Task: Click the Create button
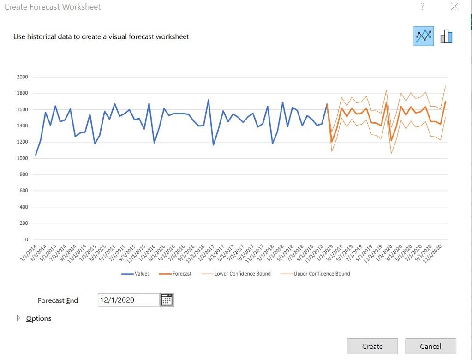[x=372, y=346]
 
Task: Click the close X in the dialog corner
[x=454, y=6]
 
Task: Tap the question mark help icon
[x=422, y=6]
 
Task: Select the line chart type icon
[x=423, y=36]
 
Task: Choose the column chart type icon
[x=446, y=36]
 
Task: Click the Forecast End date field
[x=128, y=300]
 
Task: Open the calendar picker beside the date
[x=167, y=300]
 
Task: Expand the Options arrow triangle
[x=19, y=318]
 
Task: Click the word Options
[x=39, y=318]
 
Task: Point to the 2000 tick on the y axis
[x=23, y=77]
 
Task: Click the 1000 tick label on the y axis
[x=23, y=158]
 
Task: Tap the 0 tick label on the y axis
[x=26, y=240]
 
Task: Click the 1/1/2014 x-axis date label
[x=29, y=254]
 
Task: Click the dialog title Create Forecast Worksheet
[x=53, y=7]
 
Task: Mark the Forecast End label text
[x=58, y=300]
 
